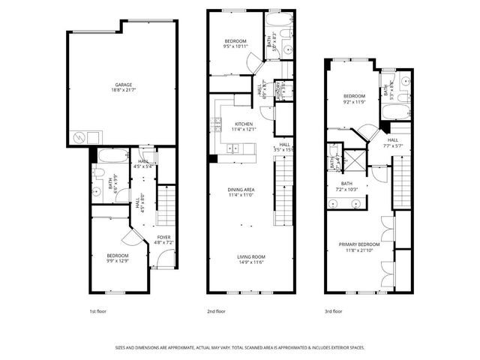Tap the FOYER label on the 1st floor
click(x=163, y=238)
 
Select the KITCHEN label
click(x=244, y=124)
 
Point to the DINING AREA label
click(x=241, y=189)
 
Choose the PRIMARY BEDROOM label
click(x=358, y=244)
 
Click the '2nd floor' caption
click(x=217, y=310)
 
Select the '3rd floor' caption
click(x=333, y=310)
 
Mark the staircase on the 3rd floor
click(x=403, y=181)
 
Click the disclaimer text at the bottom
click(x=239, y=346)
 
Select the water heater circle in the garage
click(x=79, y=137)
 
